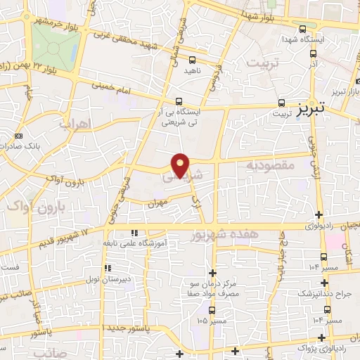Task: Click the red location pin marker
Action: (181, 165)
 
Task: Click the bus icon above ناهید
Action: (192, 61)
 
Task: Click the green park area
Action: (55, 44)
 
